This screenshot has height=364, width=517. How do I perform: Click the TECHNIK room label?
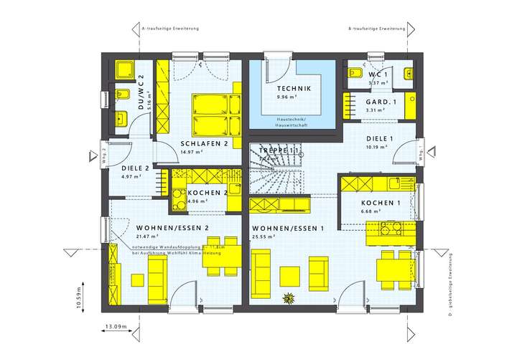294,88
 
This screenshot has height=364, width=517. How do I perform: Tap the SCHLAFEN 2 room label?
204,143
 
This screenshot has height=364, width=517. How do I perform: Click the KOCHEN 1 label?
380,203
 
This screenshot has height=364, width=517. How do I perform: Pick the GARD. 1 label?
360,102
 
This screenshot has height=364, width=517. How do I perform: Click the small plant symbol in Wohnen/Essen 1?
289,297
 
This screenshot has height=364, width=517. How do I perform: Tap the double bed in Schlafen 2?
214,115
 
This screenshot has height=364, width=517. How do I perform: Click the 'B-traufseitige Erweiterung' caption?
376,29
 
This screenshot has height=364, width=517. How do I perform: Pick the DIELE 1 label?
362,138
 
